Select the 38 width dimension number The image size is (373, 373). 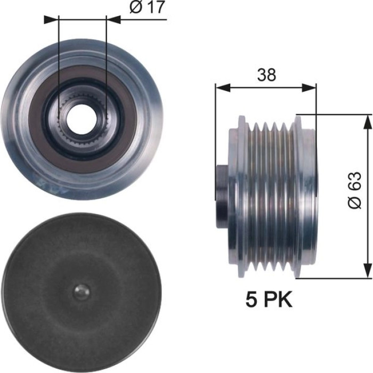click(266, 75)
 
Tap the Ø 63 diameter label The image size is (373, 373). click(355, 190)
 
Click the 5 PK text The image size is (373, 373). click(269, 299)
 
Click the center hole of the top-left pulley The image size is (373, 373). click(82, 118)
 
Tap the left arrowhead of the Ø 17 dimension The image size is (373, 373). click(51, 20)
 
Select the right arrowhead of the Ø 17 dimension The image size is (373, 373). click(113, 20)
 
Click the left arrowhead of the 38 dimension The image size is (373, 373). click(223, 87)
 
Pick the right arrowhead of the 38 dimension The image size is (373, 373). click(309, 87)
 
